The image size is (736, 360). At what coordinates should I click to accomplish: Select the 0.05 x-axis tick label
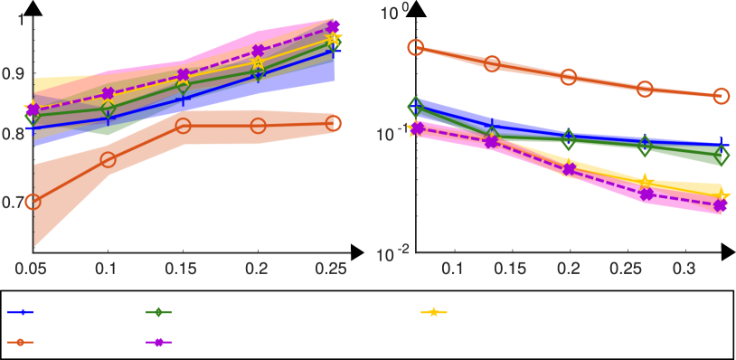(x=32, y=269)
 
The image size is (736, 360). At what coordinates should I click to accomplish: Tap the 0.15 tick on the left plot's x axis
(x=183, y=269)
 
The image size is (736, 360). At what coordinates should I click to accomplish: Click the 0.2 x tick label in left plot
(x=259, y=269)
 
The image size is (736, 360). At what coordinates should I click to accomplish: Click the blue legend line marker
(x=21, y=312)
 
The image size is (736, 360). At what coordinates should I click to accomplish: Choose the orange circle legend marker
(x=21, y=342)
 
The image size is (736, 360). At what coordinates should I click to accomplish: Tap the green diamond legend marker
(x=159, y=312)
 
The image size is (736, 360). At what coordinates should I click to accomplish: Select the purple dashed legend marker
(x=159, y=342)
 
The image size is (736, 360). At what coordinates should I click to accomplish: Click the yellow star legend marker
(x=434, y=312)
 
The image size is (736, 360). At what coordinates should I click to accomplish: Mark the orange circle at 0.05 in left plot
(x=33, y=202)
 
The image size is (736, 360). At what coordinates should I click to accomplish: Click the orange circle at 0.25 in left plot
(x=334, y=123)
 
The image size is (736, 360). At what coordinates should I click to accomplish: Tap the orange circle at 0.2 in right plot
(x=569, y=77)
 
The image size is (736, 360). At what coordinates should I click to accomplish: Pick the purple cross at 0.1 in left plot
(x=109, y=94)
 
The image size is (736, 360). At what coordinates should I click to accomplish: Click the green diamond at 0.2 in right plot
(x=569, y=140)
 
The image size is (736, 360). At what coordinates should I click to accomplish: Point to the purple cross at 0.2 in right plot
(x=569, y=169)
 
